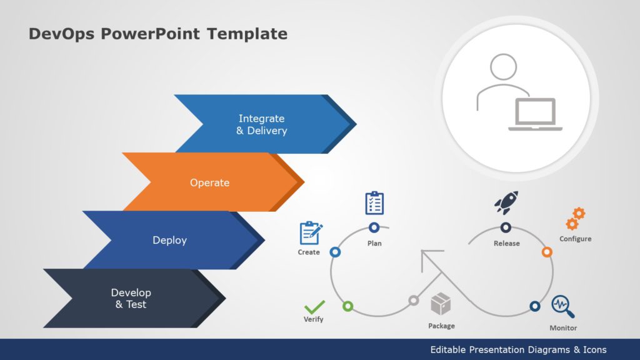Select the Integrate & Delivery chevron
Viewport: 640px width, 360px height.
pos(261,124)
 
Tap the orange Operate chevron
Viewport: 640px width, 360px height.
pos(209,182)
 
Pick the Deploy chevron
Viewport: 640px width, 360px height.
pos(169,240)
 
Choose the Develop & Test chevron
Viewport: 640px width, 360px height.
pos(131,298)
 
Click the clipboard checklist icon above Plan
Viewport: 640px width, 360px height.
pos(374,203)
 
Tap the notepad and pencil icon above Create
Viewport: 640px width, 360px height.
pos(310,232)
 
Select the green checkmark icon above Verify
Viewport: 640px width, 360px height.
pos(314,307)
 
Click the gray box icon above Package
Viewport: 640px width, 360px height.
pos(441,304)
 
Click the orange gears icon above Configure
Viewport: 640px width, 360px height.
pos(575,219)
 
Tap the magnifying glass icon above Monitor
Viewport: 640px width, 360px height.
pos(562,307)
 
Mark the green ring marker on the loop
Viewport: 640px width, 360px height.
pos(348,306)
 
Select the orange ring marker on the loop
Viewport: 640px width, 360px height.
pos(546,252)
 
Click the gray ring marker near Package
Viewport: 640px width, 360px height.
pos(413,301)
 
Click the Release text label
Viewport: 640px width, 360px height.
pos(506,243)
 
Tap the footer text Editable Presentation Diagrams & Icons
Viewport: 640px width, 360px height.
pos(518,349)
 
